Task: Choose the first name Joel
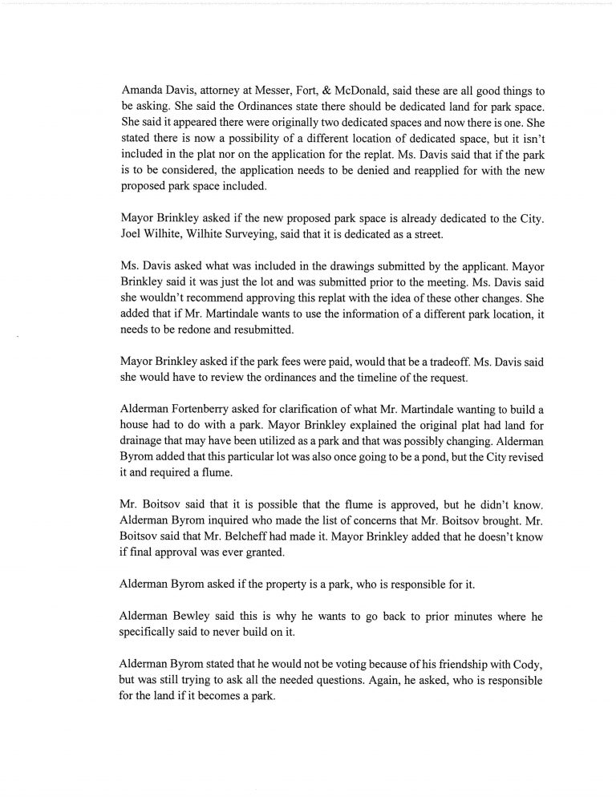[132, 233]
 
